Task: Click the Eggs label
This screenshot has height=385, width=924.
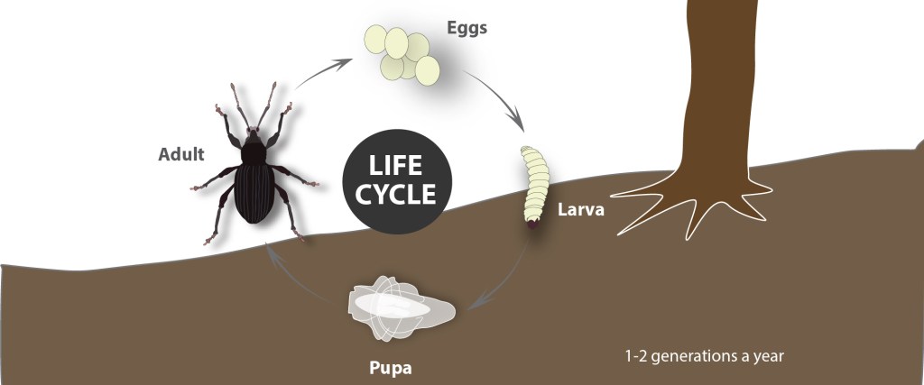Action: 467,28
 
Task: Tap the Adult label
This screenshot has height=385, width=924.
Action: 180,154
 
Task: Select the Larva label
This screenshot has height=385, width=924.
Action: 581,209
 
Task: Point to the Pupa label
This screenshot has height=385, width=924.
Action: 390,369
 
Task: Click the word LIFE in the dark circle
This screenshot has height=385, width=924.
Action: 396,166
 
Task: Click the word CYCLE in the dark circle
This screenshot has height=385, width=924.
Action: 396,194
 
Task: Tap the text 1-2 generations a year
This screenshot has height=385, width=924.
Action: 704,356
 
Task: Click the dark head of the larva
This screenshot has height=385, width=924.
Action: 531,225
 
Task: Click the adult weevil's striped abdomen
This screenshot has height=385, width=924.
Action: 254,193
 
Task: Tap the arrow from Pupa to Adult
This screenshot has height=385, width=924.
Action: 298,277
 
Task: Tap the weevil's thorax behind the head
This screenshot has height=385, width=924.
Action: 254,151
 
